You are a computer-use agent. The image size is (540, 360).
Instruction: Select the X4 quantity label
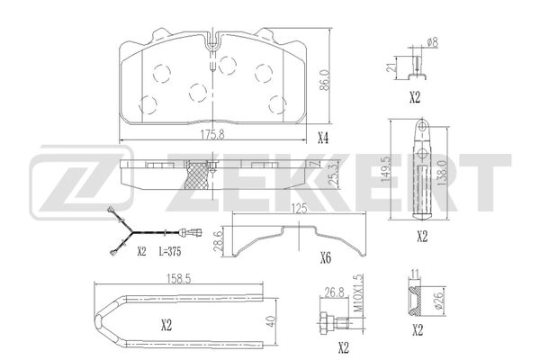pos(323,138)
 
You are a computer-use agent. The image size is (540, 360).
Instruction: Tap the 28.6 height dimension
pos(216,240)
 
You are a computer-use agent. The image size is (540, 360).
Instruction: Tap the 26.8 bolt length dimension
pos(332,292)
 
